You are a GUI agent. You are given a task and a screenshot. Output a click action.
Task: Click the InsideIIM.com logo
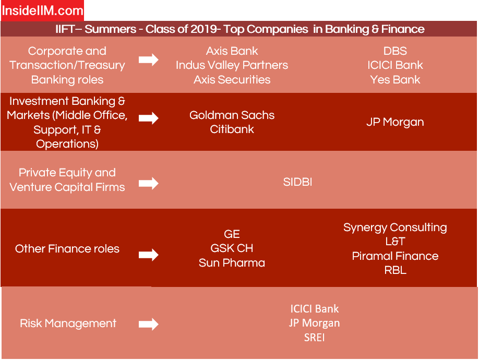point(42,10)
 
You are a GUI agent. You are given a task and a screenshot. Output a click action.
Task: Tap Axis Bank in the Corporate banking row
point(232,51)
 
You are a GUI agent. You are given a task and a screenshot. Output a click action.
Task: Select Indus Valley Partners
point(232,65)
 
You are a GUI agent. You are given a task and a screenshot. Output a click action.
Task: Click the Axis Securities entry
point(232,80)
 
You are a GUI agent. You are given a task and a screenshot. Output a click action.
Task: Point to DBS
point(395,51)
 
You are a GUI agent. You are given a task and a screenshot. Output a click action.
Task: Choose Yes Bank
point(395,80)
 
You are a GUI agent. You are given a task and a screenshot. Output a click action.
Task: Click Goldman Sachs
point(232,115)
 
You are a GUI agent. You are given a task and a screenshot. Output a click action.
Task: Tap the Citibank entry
point(232,129)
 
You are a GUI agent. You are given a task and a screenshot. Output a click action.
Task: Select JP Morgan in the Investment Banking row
point(395,122)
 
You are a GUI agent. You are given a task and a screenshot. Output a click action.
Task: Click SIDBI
point(297,182)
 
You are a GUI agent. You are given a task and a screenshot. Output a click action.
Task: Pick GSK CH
point(232,248)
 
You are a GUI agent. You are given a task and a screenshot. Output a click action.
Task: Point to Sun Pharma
point(232,263)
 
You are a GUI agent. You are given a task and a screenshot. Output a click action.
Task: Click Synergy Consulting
point(395,227)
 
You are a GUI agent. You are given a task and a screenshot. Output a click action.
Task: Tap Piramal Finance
point(395,256)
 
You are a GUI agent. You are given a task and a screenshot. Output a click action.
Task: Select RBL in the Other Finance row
point(395,270)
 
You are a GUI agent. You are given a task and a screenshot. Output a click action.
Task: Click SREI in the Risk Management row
point(314,338)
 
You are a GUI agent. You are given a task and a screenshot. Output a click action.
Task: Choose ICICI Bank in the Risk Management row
point(314,309)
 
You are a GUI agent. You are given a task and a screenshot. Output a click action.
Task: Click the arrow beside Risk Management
point(149,324)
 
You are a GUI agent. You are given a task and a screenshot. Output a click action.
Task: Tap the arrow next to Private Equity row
point(149,183)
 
